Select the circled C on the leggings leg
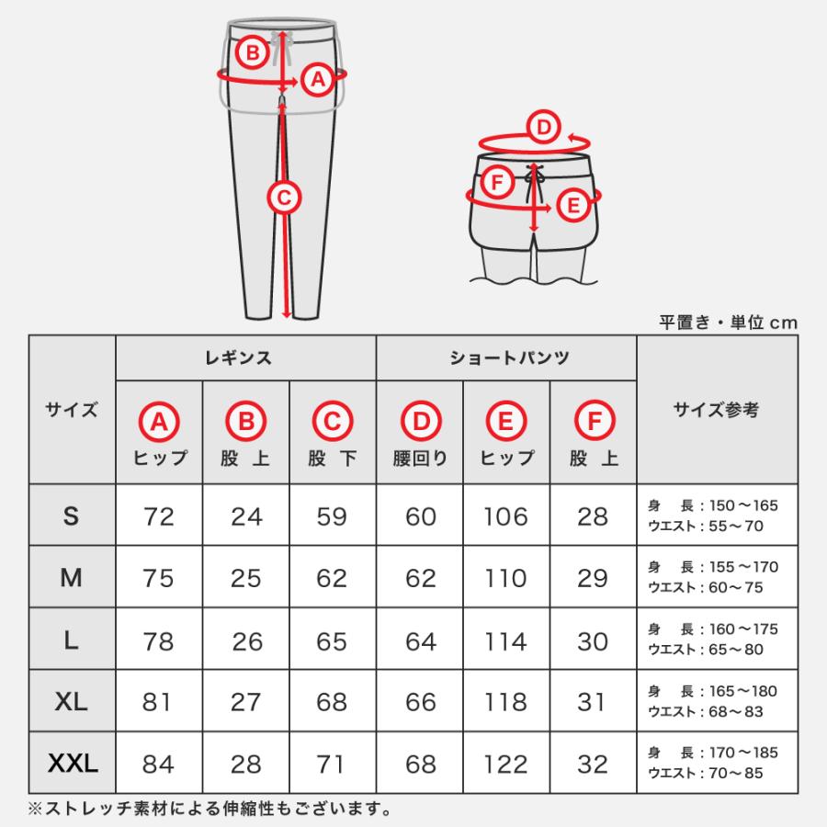click(284, 196)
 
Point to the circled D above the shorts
click(543, 128)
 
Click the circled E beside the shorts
click(573, 205)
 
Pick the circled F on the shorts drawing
click(497, 182)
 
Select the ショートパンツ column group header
click(507, 358)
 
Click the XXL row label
click(72, 763)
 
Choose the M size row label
click(72, 577)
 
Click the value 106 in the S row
click(506, 516)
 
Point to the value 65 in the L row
click(331, 640)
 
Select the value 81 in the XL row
click(159, 702)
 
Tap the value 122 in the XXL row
click(506, 764)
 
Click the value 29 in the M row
click(593, 578)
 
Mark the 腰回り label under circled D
click(420, 459)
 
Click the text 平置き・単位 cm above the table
click(729, 323)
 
